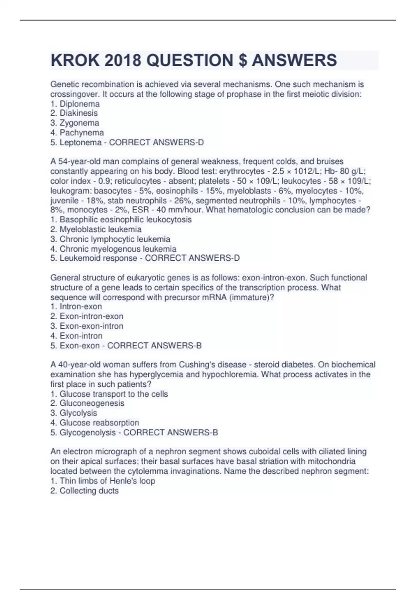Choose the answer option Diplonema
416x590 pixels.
tap(79, 104)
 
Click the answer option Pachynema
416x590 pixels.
tap(81, 133)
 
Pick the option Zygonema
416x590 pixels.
tap(79, 123)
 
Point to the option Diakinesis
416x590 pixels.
tap(78, 113)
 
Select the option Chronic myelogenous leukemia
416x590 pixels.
tap(118, 249)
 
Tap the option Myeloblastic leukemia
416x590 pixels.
tap(100, 229)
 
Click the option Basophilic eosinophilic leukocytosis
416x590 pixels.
tap(125, 220)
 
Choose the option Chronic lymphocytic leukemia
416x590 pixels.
tap(115, 239)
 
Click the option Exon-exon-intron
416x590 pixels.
tap(91, 326)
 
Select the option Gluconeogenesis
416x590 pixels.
tap(92, 403)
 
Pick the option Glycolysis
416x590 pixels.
tap(78, 413)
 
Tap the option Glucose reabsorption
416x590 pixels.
tap(99, 423)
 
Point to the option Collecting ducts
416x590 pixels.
tap(89, 491)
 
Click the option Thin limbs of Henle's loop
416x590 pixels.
tap(107, 481)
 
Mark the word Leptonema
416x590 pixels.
tap(80, 143)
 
